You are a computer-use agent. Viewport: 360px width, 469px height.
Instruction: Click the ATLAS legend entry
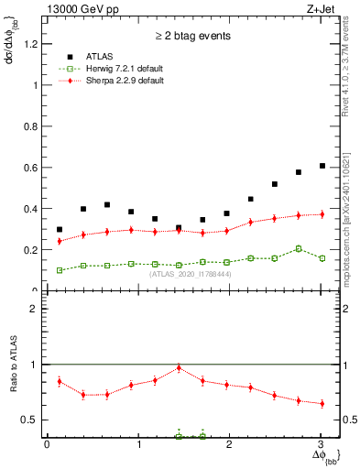98,55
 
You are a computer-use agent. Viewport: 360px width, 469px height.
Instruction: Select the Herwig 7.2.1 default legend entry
115,68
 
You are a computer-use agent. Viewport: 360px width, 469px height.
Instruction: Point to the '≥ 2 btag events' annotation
191,37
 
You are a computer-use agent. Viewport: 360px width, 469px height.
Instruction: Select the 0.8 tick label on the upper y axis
31,126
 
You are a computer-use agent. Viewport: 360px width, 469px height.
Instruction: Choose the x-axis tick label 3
322,445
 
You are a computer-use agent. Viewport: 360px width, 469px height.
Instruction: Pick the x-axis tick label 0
47,445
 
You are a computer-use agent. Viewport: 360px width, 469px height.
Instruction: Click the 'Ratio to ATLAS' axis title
12,366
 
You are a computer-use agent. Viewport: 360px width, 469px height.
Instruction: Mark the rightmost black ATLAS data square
322,166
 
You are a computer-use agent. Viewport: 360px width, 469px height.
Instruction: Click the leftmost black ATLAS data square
60,230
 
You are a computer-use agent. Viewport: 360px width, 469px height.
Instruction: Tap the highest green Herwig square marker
298,248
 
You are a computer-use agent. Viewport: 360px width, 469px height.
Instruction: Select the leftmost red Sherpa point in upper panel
60,241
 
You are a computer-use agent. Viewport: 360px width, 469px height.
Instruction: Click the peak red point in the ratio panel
179,367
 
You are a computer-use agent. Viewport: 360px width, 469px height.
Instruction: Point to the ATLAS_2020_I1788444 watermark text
191,274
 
